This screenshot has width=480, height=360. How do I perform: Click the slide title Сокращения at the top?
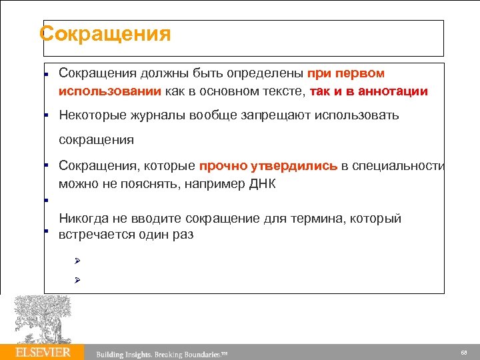(105, 33)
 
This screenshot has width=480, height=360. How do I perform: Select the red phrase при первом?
(346, 73)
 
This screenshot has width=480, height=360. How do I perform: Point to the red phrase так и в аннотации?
(369, 91)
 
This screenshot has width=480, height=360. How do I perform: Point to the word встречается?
(95, 235)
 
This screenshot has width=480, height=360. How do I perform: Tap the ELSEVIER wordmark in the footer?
(43, 352)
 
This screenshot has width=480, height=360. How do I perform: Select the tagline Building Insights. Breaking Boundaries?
(162, 353)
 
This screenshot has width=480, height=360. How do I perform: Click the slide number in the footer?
(463, 352)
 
